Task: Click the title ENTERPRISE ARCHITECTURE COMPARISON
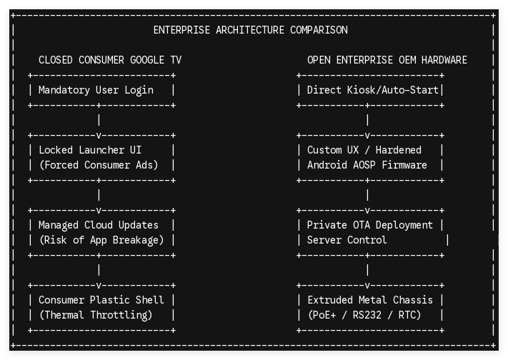pos(251,30)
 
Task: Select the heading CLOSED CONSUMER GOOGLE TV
pos(110,60)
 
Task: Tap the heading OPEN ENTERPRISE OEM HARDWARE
pos(387,60)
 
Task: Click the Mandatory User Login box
pos(101,90)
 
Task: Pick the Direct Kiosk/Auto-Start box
pos(370,90)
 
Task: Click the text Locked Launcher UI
pos(90,150)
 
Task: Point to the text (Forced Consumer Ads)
pos(99,165)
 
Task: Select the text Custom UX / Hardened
pos(364,150)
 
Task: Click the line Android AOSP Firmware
pos(367,165)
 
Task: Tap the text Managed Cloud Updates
pos(99,225)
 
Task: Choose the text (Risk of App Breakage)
pos(101,240)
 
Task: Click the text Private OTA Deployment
pos(369,225)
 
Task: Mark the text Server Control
pos(347,240)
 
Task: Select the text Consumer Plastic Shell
pos(101,300)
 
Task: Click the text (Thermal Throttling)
pos(96,315)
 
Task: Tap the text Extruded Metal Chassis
pos(370,300)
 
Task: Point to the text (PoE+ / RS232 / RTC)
pos(364,315)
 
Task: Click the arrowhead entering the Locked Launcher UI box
pos(99,136)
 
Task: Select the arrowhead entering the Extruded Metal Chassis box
pos(367,286)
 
